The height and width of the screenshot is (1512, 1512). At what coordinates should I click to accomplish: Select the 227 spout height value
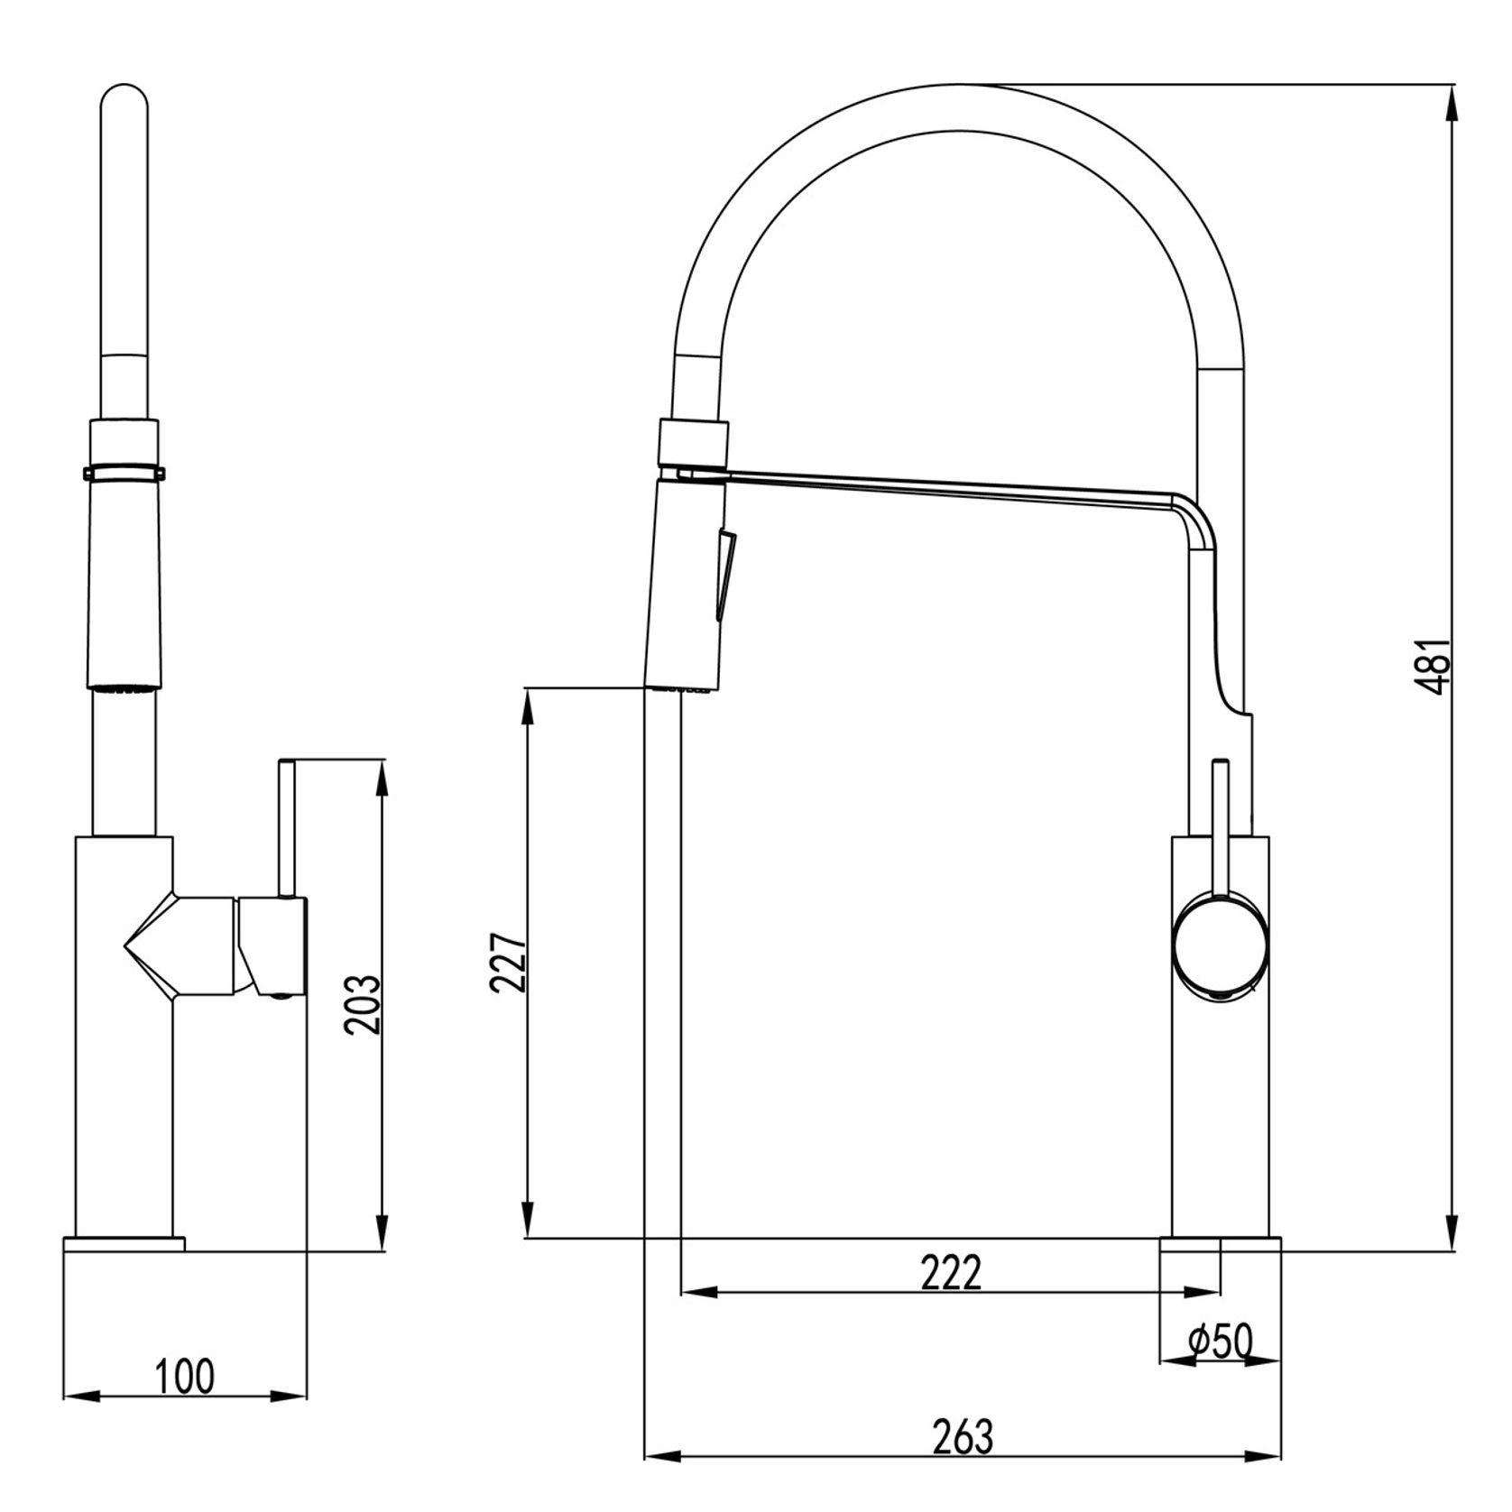pos(508,962)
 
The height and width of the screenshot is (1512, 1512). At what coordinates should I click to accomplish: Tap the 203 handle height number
pos(364,1004)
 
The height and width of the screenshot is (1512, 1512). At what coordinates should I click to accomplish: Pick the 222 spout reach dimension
pos(950,1274)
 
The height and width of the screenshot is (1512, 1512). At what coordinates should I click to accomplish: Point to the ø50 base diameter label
pos(1221,1342)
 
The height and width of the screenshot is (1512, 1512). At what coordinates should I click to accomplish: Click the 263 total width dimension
pos(962,1438)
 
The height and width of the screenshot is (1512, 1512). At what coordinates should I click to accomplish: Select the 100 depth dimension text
pos(185,1377)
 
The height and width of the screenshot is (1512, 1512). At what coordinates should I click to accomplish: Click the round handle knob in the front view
pos(1220,947)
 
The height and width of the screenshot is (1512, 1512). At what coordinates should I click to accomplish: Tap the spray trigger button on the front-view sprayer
pos(725,574)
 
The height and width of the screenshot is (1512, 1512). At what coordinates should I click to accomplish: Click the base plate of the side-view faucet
pos(124,1244)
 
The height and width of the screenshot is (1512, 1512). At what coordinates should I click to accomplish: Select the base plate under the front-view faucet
pos(1220,1244)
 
